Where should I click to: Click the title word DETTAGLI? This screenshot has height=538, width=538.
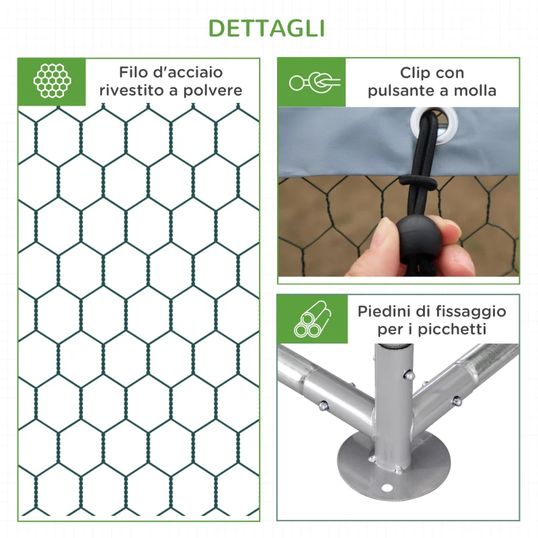click(x=267, y=28)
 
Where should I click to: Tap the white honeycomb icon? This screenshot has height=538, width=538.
click(x=52, y=81)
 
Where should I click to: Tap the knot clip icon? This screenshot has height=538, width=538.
click(x=315, y=82)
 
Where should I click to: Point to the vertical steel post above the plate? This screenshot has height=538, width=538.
click(x=392, y=390)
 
